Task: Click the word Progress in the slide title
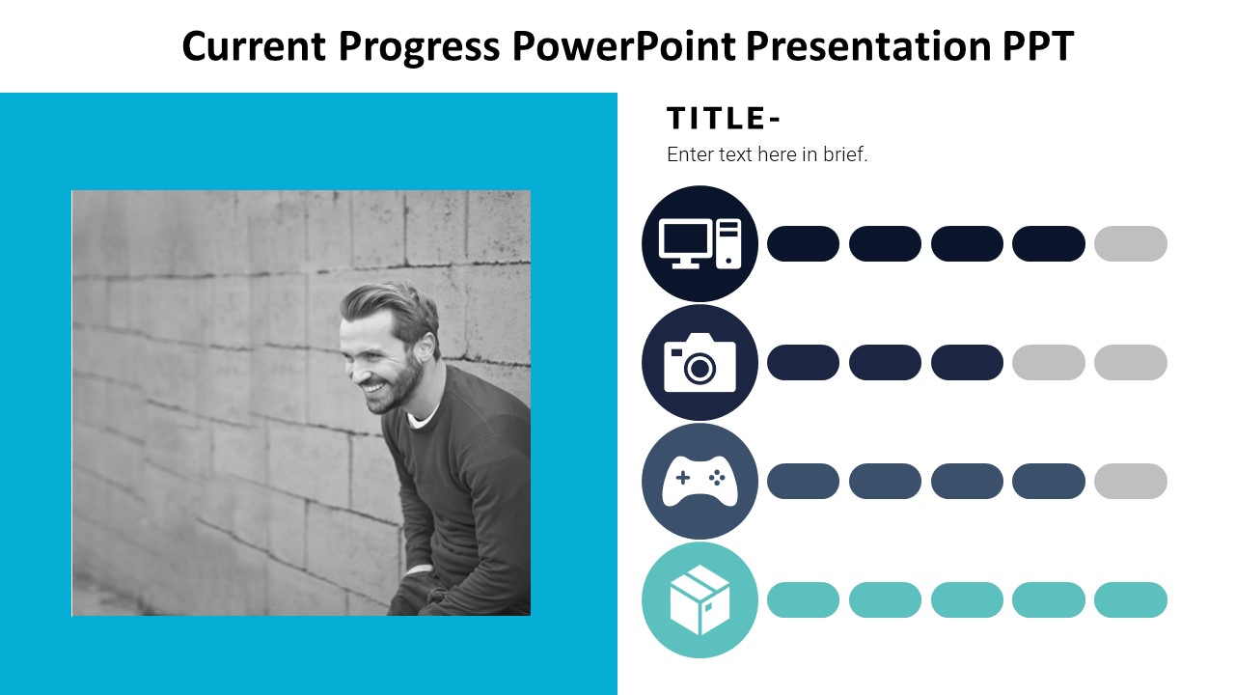pyautogui.click(x=419, y=47)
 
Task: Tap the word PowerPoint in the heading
pyautogui.click(x=623, y=45)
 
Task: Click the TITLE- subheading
pyautogui.click(x=724, y=118)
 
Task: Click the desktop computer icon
pyautogui.click(x=700, y=243)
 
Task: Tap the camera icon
pyautogui.click(x=700, y=362)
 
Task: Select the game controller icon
pyautogui.click(x=700, y=481)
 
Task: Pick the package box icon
pyautogui.click(x=700, y=599)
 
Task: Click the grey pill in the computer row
pyautogui.click(x=1130, y=243)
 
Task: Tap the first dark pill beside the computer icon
pyautogui.click(x=803, y=243)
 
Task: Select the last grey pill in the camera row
pyautogui.click(x=1130, y=362)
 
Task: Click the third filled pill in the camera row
pyautogui.click(x=967, y=362)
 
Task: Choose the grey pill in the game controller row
pyautogui.click(x=1130, y=481)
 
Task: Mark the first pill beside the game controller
pyautogui.click(x=803, y=481)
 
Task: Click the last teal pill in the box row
pyautogui.click(x=1130, y=599)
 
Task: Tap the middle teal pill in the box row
pyautogui.click(x=967, y=599)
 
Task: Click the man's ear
pyautogui.click(x=426, y=345)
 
